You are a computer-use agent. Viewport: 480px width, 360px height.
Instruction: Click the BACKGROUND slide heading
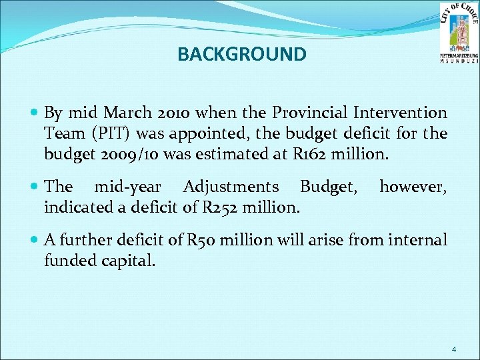coord(242,54)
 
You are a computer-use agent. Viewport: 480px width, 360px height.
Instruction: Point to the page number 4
coord(454,349)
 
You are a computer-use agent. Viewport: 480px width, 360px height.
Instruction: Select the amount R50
coord(206,240)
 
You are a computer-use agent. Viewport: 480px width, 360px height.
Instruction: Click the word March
coord(127,112)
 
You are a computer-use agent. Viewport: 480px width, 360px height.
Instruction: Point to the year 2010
coord(175,112)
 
